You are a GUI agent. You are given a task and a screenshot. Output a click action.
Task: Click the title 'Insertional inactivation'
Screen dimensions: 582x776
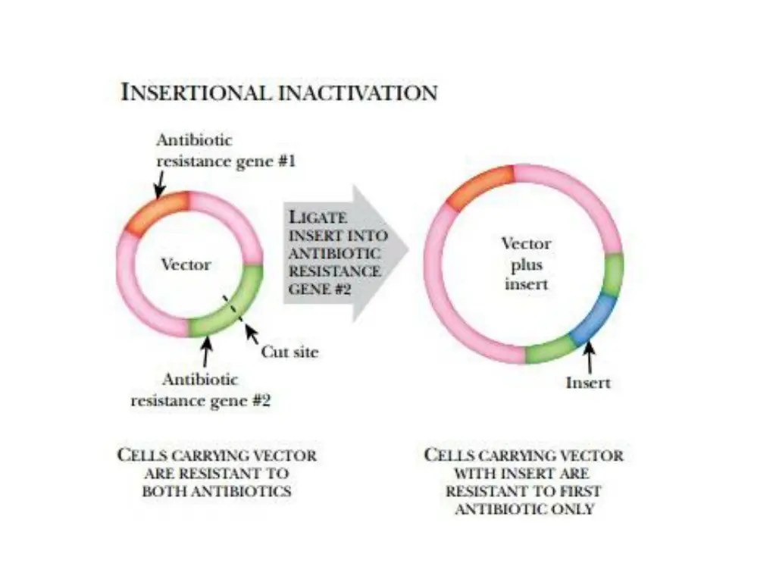[279, 92]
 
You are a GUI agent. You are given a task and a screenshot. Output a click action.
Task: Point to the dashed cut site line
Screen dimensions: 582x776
[232, 309]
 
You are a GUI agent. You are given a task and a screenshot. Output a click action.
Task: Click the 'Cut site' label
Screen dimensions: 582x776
[289, 352]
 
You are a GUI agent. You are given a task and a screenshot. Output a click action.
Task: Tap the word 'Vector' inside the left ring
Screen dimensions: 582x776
[186, 264]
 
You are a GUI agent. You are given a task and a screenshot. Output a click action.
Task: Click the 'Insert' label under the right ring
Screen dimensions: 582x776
[587, 382]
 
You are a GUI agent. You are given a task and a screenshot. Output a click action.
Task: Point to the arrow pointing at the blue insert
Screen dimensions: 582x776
[589, 356]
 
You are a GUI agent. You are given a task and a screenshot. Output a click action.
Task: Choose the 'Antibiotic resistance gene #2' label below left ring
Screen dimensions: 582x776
[200, 390]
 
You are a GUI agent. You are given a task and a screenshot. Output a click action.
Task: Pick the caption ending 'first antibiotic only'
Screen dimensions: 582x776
[524, 481]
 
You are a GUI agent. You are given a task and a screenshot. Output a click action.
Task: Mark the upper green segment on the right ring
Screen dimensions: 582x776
[613, 275]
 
